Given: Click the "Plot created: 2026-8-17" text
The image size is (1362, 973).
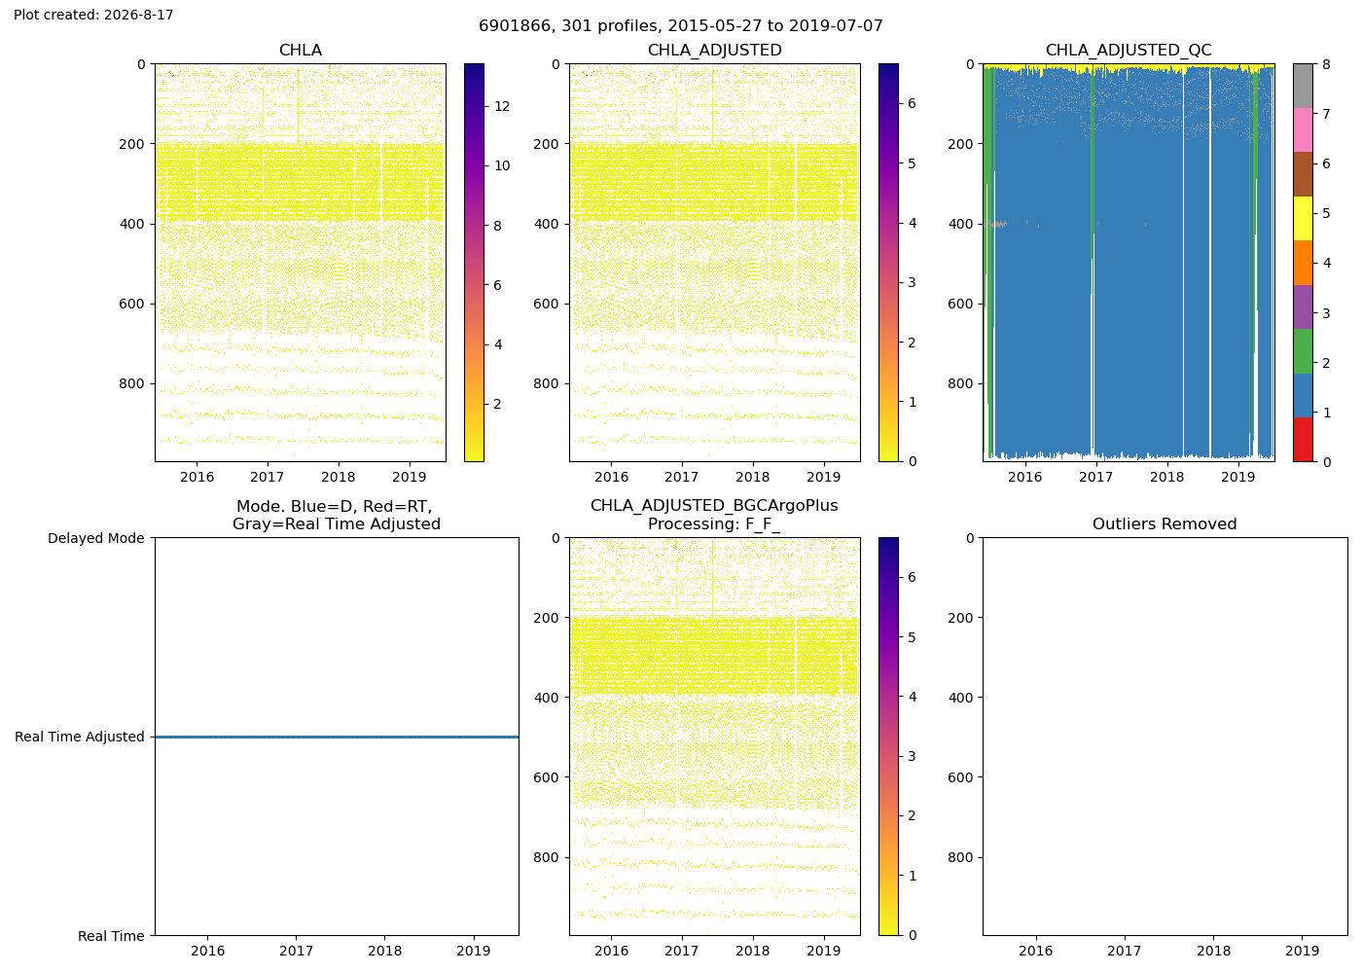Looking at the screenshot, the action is [x=93, y=15].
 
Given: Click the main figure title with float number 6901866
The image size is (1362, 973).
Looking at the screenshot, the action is [x=680, y=26].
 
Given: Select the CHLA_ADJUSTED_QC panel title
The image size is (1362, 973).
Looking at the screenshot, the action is [x=1129, y=51].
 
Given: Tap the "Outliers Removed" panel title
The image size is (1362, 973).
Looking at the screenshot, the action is [x=1165, y=524].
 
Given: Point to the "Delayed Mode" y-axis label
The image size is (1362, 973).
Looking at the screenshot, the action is [x=96, y=538].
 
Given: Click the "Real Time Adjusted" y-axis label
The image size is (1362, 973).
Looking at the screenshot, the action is [x=80, y=738].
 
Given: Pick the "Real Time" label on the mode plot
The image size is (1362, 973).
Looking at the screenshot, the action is [x=111, y=936].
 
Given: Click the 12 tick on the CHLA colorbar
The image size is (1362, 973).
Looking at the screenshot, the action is [x=502, y=106].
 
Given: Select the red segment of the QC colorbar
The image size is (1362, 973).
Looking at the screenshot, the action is [x=1303, y=440].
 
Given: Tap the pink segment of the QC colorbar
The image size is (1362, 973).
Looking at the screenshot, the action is [x=1303, y=130].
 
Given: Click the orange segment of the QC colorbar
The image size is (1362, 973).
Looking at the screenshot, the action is [x=1303, y=263].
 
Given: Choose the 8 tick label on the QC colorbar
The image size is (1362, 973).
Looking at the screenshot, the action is [x=1326, y=64].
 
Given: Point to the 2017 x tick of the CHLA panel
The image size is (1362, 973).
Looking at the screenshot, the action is [x=267, y=477].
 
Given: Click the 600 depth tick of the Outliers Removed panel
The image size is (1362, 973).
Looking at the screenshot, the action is [x=961, y=777].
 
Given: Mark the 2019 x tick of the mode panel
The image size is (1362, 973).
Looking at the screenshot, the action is [x=473, y=952].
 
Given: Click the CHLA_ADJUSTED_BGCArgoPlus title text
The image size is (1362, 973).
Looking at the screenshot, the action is [x=714, y=506].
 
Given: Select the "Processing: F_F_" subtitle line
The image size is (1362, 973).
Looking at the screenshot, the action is [x=714, y=524].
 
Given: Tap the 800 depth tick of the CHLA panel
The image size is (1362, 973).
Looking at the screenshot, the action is [x=132, y=383].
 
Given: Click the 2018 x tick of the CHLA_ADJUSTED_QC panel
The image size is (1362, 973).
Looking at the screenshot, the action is [x=1166, y=477].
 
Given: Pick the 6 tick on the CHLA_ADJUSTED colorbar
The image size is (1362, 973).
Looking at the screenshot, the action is [x=912, y=103].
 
